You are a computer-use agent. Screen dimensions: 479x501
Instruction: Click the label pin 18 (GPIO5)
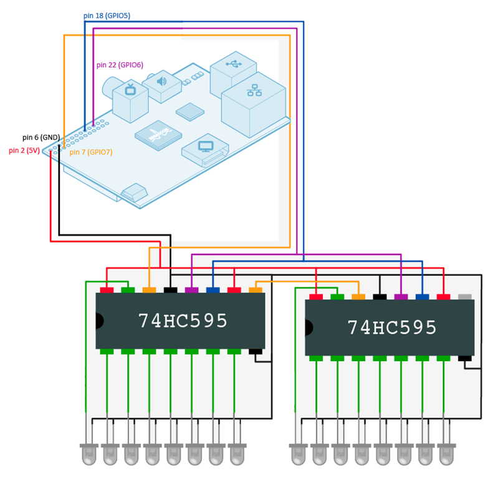point(107,16)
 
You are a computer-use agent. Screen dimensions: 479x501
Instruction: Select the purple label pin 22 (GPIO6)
point(120,65)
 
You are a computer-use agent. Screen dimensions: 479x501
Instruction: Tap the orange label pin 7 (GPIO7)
point(91,152)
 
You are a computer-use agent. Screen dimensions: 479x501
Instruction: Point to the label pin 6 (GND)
point(41,137)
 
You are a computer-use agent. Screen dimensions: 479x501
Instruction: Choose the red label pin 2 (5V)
point(24,151)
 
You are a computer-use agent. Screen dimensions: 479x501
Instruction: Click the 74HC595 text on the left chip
point(183,321)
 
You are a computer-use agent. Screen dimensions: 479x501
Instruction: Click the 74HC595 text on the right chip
point(392,327)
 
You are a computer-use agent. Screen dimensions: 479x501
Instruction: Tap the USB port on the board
point(234,66)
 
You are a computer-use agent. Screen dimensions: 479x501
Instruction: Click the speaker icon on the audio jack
point(161,81)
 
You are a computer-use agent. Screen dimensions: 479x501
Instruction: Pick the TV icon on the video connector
point(131,90)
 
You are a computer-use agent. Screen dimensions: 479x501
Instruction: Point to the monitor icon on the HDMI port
point(206,147)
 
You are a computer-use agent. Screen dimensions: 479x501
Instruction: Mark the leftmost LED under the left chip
point(87,450)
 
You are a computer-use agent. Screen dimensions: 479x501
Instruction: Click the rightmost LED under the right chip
point(447,450)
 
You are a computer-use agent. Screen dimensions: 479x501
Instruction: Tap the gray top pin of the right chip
point(465,297)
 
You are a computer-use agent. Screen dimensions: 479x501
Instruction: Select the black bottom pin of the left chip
point(255,352)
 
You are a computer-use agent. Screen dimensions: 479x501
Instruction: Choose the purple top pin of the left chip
point(191,290)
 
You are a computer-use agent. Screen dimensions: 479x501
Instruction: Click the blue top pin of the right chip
point(422,297)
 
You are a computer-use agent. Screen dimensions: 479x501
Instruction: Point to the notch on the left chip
point(99,321)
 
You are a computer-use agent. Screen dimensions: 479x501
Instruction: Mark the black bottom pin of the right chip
point(465,359)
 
